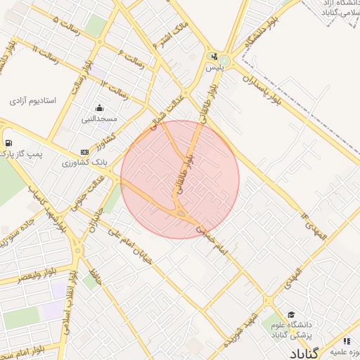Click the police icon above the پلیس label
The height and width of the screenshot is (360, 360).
tap(213, 56)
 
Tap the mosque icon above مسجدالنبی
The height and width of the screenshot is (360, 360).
tap(100, 108)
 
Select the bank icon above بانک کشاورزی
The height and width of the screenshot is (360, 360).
tap(84, 152)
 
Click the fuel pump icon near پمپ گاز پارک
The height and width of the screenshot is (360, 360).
tap(8, 143)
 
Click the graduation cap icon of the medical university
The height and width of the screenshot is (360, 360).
tap(291, 314)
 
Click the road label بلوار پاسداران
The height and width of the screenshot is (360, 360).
tap(262, 89)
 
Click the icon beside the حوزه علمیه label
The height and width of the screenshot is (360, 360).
tap(346, 341)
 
